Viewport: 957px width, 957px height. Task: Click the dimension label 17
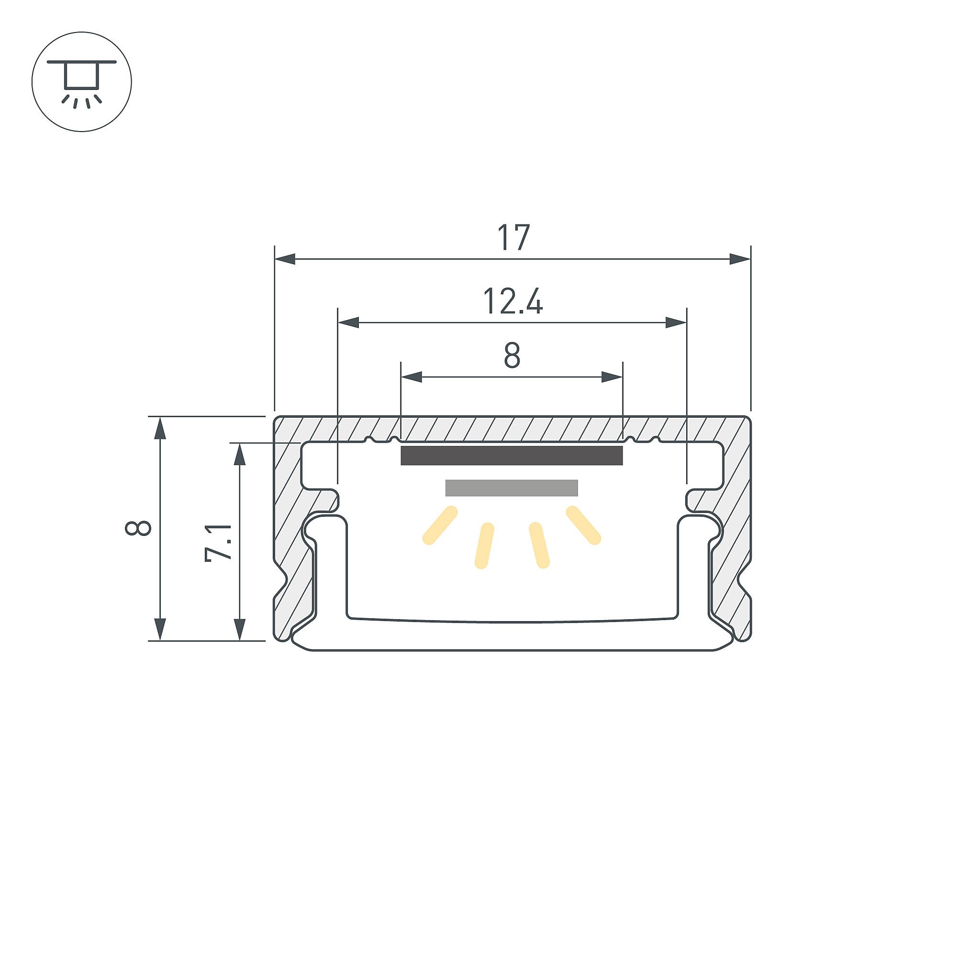point(513,238)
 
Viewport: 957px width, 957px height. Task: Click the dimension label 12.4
point(512,301)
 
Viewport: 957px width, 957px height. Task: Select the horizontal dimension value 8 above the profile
point(512,355)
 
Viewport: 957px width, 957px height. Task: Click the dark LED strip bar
point(511,456)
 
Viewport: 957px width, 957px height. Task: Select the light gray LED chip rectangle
point(512,488)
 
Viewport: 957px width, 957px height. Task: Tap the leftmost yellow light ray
point(440,525)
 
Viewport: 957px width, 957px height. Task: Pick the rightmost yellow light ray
point(583,525)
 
